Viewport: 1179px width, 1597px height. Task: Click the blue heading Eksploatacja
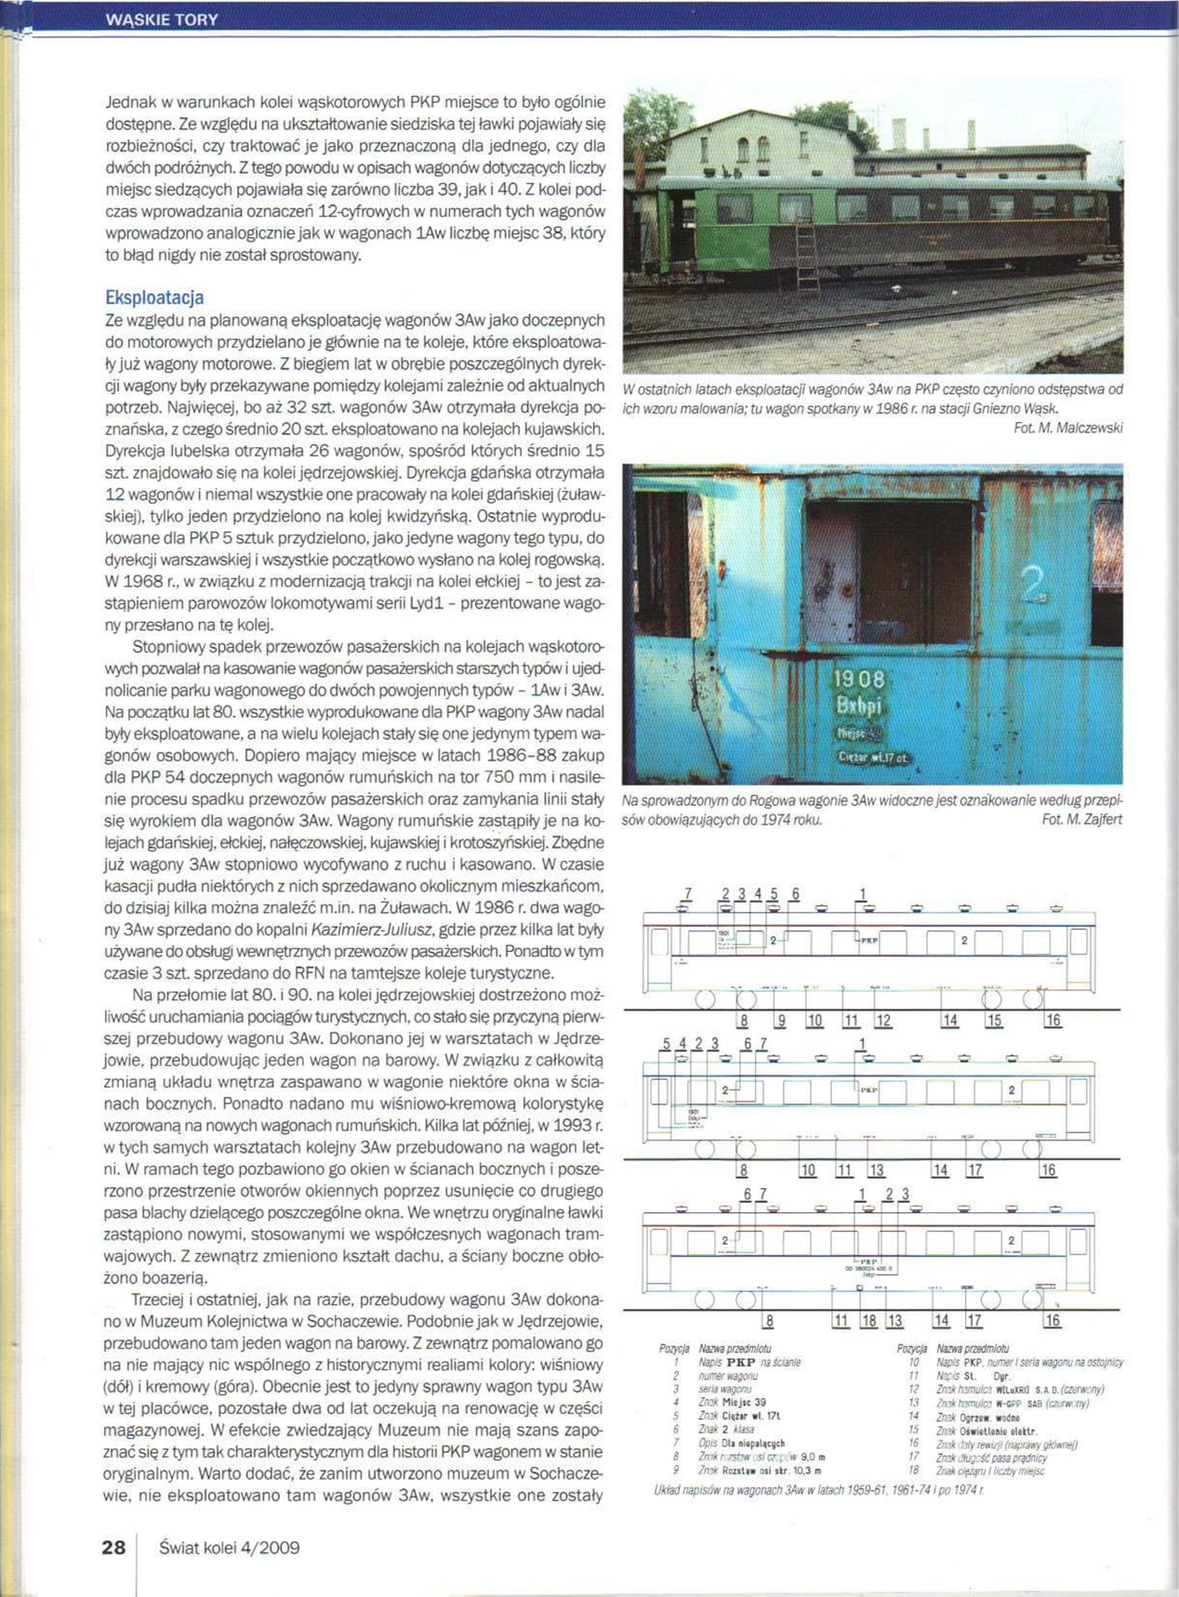coord(154,297)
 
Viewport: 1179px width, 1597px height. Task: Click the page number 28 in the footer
coord(113,1547)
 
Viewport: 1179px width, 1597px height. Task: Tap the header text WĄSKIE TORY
coord(163,20)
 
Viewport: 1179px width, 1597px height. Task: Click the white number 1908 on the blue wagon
coord(858,680)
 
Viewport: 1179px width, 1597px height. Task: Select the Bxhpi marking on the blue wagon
coord(858,706)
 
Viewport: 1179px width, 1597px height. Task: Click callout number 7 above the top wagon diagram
coord(687,894)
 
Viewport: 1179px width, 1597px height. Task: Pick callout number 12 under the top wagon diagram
coord(883,1021)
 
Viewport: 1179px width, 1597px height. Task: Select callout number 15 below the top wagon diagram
coord(994,1021)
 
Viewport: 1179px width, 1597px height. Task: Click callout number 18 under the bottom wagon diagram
coord(868,1320)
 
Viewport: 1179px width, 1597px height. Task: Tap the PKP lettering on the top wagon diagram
coord(869,940)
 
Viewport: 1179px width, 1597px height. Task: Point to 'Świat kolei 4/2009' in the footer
coord(229,1548)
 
